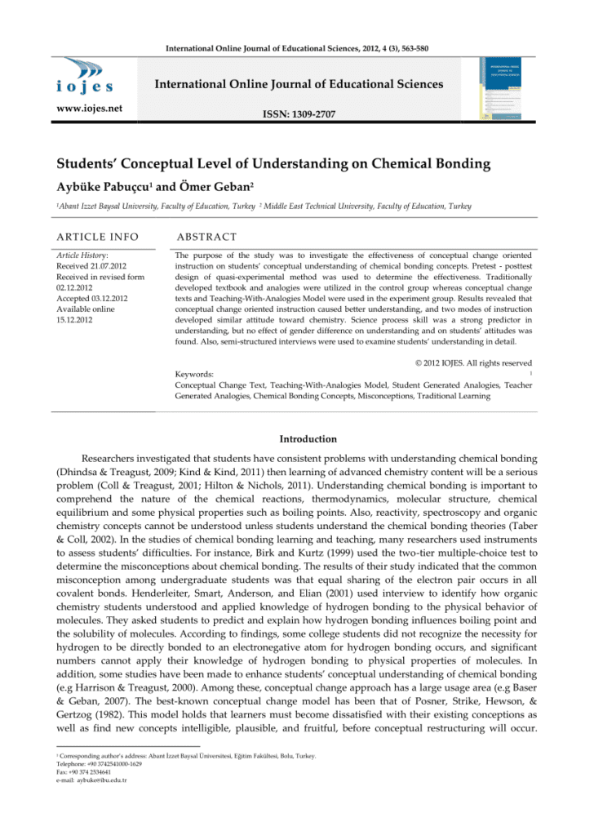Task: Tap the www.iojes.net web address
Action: point(84,107)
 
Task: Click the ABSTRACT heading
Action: point(206,238)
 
